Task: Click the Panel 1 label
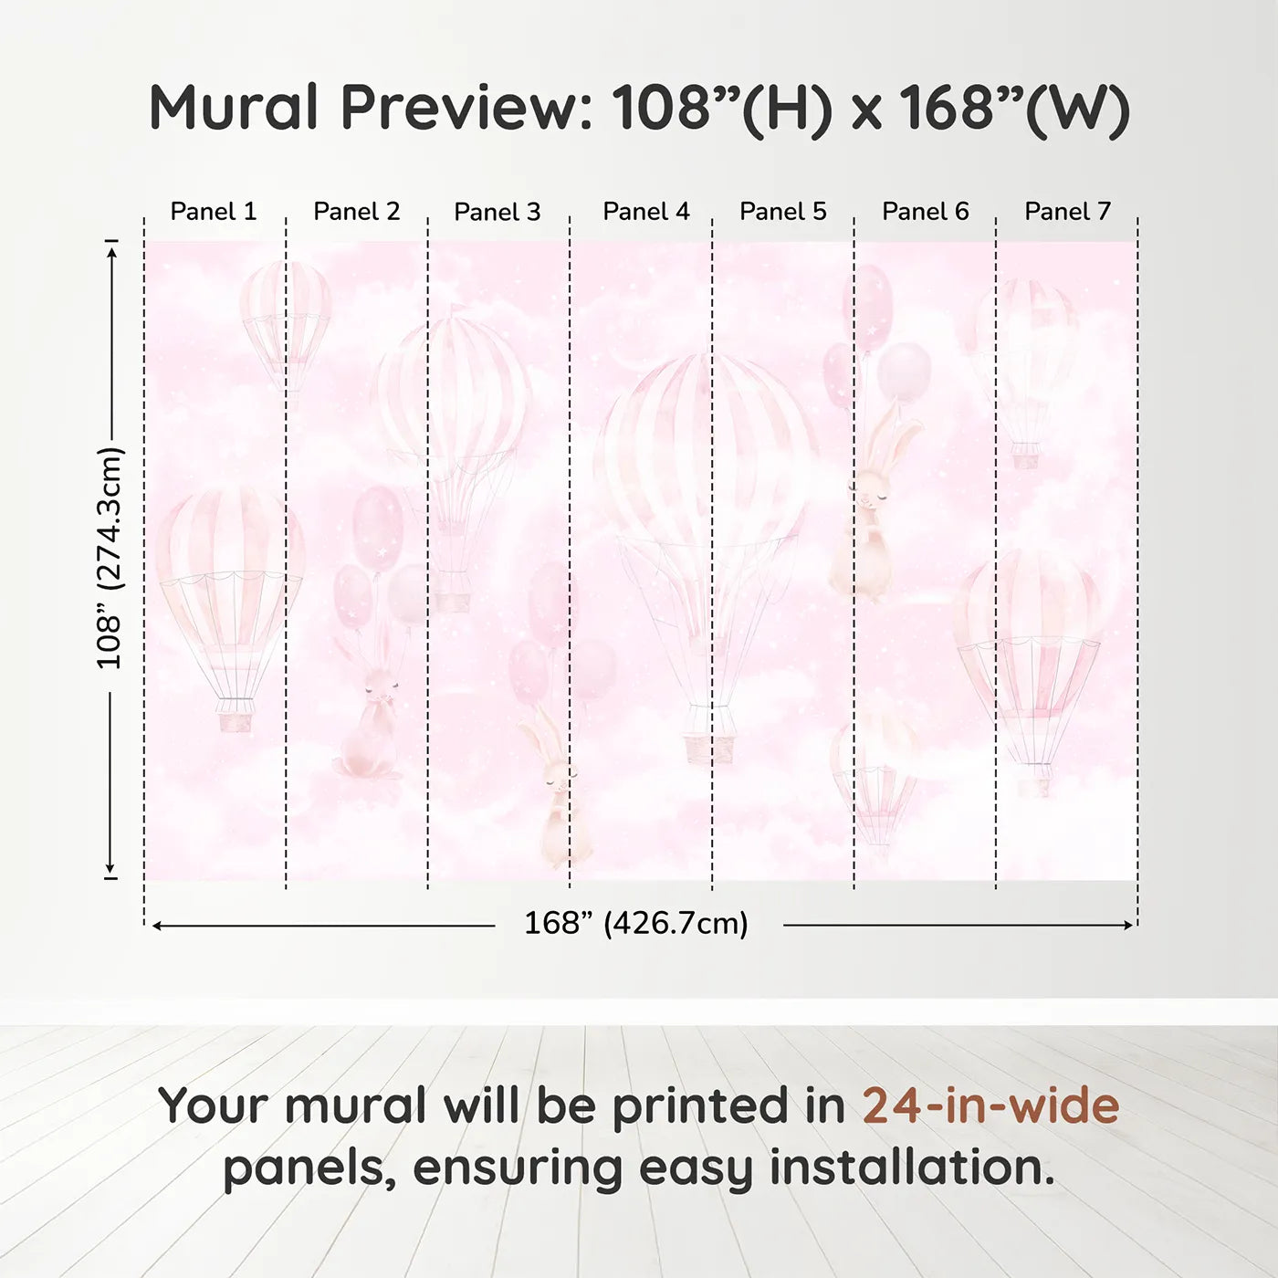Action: (214, 212)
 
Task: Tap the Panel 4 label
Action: (645, 212)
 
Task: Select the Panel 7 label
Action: (1067, 212)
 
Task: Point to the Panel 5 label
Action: (782, 212)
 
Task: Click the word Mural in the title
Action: (234, 108)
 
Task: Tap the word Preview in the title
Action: (466, 108)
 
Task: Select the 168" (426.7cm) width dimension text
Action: (635, 924)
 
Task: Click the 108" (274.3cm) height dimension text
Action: (110, 558)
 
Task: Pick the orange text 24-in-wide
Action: (990, 1105)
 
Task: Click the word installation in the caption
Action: (911, 1168)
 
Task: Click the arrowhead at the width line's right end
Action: (1128, 926)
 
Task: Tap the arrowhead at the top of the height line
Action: (111, 250)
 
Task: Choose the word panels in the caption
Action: (309, 1168)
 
